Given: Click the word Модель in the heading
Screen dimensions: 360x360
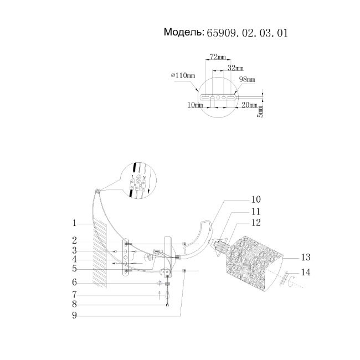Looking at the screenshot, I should coord(183,33).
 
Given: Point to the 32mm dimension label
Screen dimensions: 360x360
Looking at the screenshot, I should coord(235,68).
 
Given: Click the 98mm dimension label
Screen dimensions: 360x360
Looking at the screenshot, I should coord(246,80).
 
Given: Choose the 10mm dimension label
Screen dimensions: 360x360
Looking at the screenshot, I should coord(195,104).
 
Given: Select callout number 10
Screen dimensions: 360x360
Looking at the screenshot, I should coord(255,199).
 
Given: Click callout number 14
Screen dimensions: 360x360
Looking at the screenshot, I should coord(306,272).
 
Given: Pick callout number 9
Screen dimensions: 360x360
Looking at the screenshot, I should coord(74,316).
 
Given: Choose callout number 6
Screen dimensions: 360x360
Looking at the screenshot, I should coord(74,282).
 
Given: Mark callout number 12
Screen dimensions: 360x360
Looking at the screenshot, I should coord(255,224).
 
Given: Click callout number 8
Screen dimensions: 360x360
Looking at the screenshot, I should coord(74,304).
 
